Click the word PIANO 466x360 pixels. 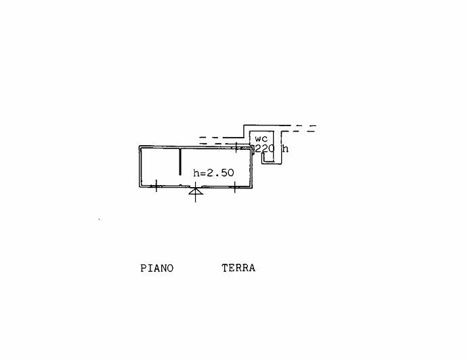click(156, 268)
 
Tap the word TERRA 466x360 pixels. click(238, 268)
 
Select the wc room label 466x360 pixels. click(261, 139)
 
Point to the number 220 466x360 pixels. click(265, 148)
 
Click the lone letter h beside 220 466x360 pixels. click(285, 148)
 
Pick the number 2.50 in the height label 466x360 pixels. click(220, 173)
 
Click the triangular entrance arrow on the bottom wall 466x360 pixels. click(196, 191)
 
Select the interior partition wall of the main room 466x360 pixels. click(180, 161)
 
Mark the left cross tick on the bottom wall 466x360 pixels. click(156, 186)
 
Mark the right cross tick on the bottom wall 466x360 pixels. click(235, 187)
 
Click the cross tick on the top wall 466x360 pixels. click(236, 147)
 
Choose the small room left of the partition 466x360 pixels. click(161, 167)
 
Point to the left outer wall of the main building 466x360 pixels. click(140, 167)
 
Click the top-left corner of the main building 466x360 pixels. click(139, 146)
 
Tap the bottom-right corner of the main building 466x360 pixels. click(252, 187)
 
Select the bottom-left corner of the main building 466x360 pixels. click(139, 187)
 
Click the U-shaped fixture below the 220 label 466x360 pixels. click(268, 157)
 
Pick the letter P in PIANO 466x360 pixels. click(143, 268)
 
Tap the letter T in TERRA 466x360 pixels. click(225, 268)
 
